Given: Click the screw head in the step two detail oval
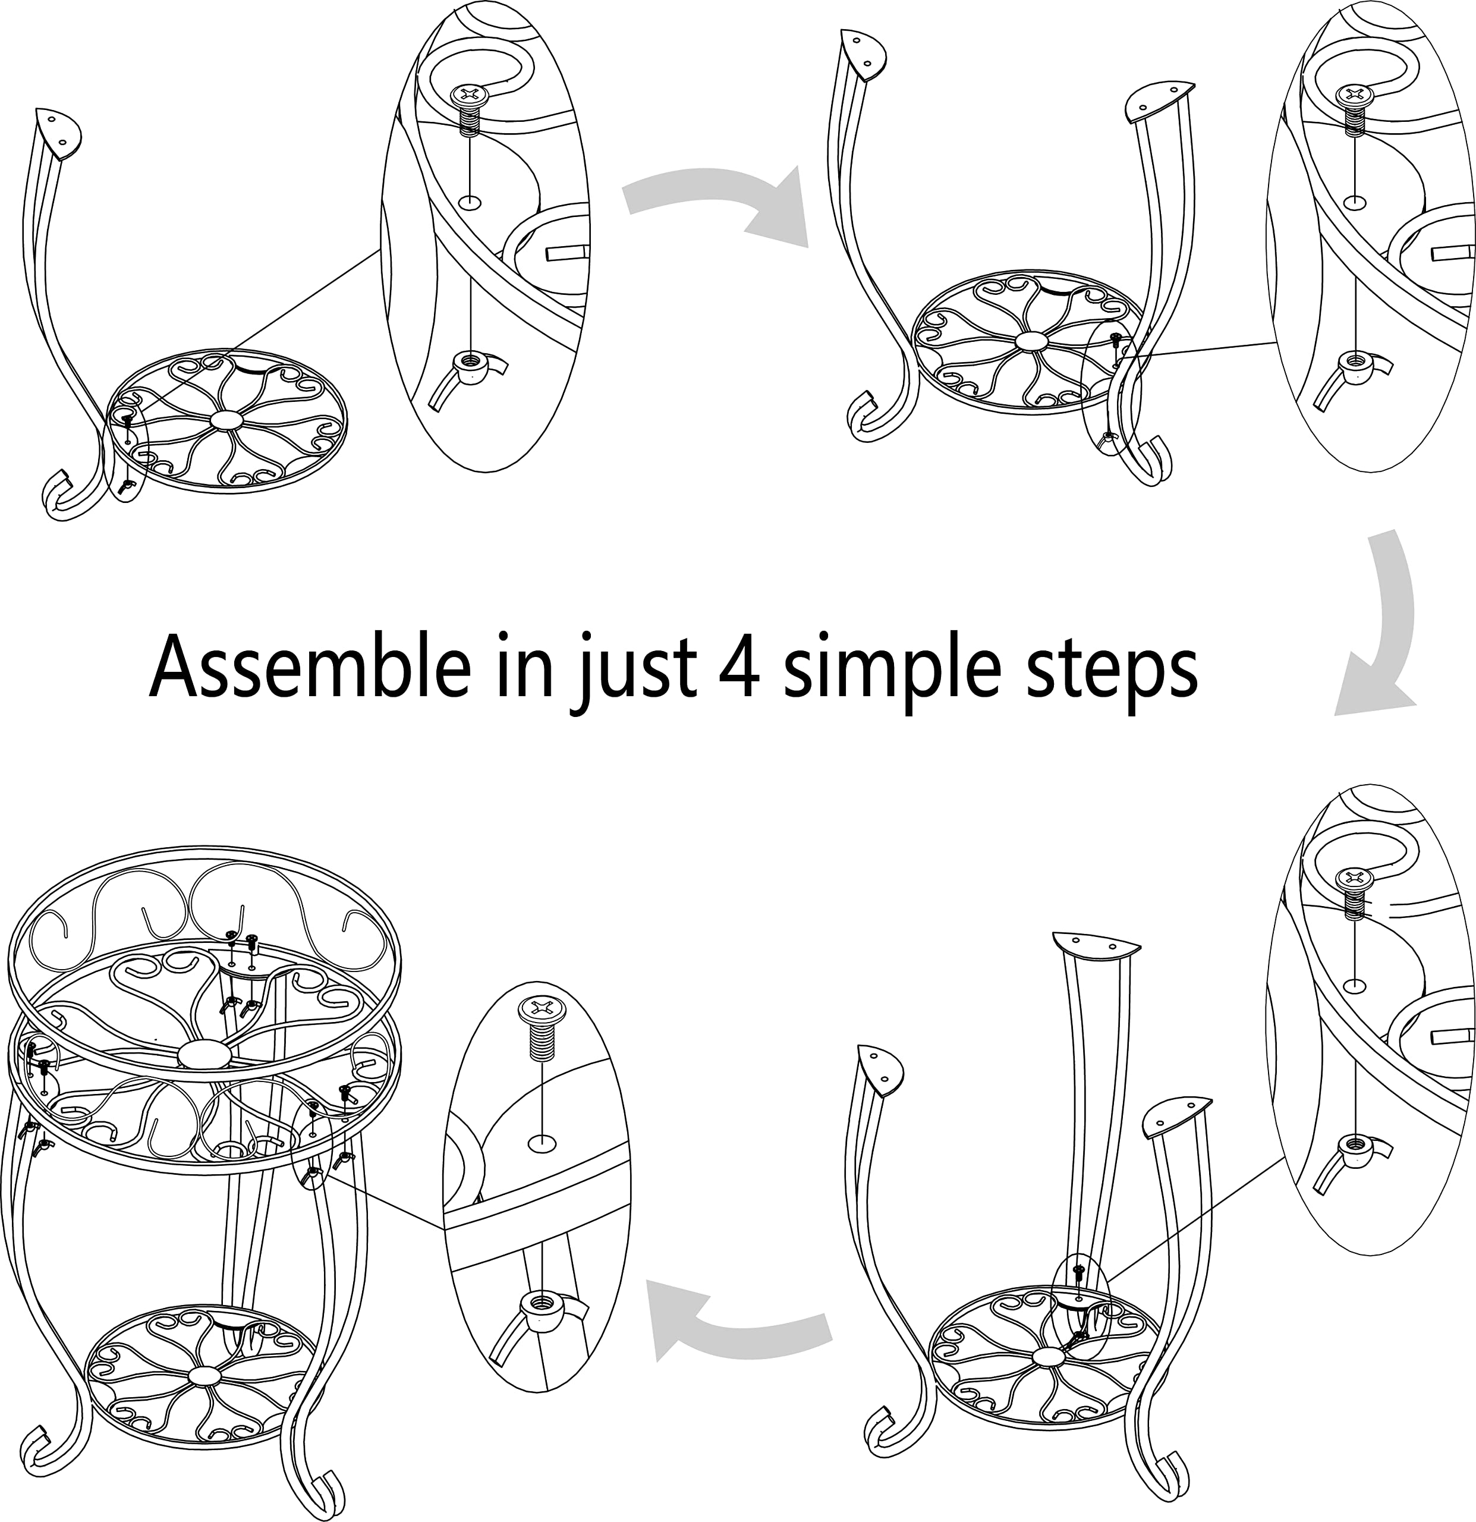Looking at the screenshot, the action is [1355, 96].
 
